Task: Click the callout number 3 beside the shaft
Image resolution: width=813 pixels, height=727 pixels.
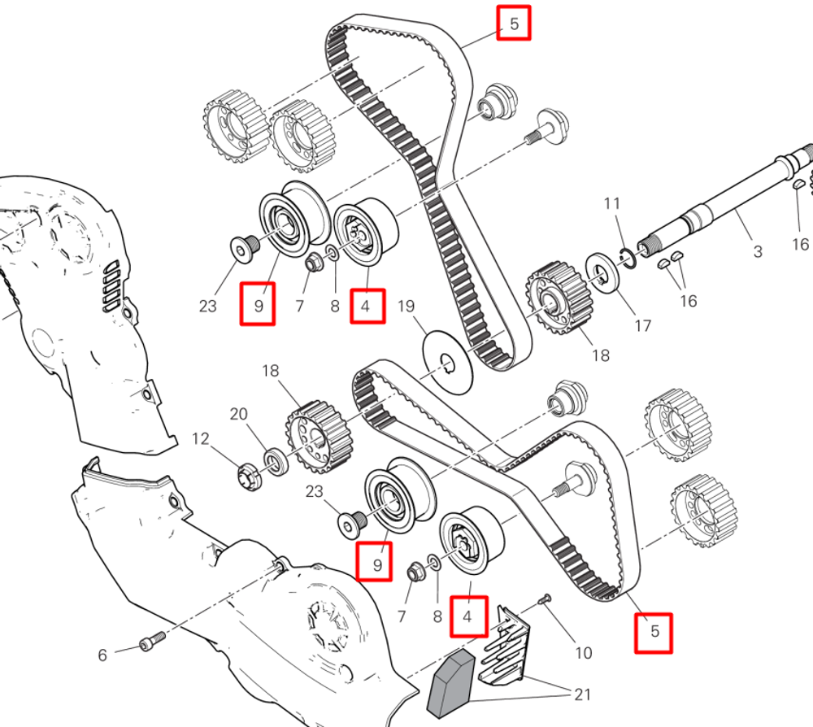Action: pos(758,251)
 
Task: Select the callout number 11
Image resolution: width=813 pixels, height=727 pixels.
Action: pos(612,203)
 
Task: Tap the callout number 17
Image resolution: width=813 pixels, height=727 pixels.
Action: pos(643,325)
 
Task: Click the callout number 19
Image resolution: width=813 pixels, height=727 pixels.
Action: pos(406,307)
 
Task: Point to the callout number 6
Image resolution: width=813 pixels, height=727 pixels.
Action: pos(102,655)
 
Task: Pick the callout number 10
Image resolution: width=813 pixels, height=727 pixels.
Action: pos(584,652)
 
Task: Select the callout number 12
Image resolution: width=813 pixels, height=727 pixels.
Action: pos(201,439)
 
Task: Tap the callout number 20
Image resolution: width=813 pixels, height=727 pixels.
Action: pos(238,414)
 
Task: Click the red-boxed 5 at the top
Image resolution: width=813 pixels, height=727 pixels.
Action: pos(514,24)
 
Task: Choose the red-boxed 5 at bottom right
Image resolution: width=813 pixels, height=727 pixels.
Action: pos(654,632)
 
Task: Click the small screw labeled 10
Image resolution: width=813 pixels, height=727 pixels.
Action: pos(545,600)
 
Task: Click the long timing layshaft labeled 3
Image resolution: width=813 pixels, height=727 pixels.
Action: pos(724,204)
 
